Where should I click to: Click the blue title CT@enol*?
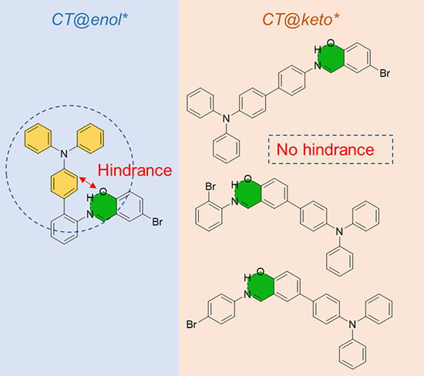pos(89,20)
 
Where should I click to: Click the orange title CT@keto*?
pos(301,20)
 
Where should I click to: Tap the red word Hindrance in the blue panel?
pos(135,170)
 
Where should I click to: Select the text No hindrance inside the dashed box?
pos(325,149)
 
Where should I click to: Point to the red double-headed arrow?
pos(88,183)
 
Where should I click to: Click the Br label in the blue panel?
pos(157,222)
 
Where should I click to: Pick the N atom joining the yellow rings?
pos(64,154)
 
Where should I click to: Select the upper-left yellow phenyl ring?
pos(38,139)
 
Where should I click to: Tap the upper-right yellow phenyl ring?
pos(90,139)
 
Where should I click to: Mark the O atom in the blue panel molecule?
pos(103,192)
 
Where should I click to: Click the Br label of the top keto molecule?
pos(385,73)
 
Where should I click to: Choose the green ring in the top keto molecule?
pos(331,58)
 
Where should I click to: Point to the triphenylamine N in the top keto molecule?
pos(227,119)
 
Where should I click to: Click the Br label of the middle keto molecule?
pos(210,186)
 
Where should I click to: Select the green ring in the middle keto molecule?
pos(247,193)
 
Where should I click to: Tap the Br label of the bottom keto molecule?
pos(191,324)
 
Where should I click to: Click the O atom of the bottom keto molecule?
pos(261,271)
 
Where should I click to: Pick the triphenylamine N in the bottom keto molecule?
pos(352,324)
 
